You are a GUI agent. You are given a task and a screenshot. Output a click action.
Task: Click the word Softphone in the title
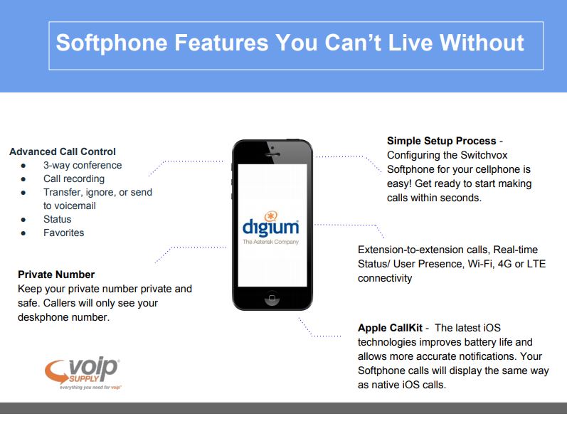click(112, 43)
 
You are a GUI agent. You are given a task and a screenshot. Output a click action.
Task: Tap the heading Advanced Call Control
click(63, 151)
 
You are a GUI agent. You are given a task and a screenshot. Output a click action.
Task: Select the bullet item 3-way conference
click(83, 165)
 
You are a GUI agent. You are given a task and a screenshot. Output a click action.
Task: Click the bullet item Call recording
click(74, 178)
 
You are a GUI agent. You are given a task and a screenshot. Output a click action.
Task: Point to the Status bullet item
click(57, 219)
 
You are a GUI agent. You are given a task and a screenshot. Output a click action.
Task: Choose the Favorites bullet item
click(63, 233)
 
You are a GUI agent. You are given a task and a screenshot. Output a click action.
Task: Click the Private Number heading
click(56, 275)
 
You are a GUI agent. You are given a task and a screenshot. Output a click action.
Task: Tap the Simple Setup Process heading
click(442, 141)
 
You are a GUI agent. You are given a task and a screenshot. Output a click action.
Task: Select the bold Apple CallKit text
click(390, 328)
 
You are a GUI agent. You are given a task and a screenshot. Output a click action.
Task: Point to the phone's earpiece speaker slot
click(272, 154)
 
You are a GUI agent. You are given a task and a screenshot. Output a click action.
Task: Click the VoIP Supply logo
click(83, 373)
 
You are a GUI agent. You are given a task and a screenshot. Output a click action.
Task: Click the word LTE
click(536, 264)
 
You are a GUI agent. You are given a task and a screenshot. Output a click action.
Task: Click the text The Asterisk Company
click(271, 242)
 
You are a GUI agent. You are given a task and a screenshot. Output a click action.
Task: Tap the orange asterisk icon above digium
click(270, 216)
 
